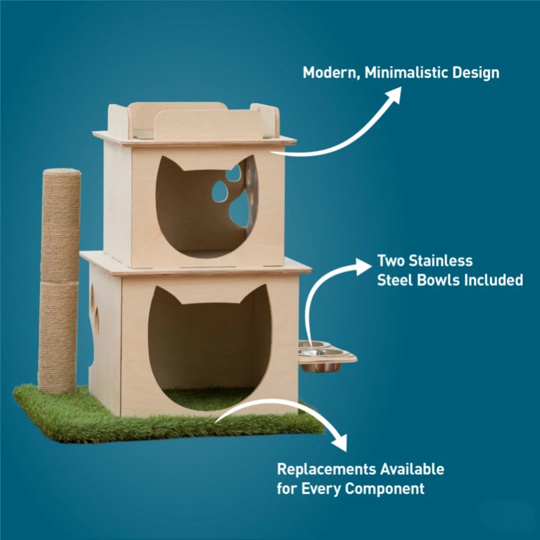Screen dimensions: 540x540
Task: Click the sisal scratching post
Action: [x=59, y=281]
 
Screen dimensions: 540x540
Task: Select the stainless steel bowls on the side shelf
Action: [x=321, y=356]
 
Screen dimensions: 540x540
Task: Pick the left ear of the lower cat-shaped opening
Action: [x=165, y=295]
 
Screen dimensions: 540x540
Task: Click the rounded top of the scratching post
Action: [x=62, y=172]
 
